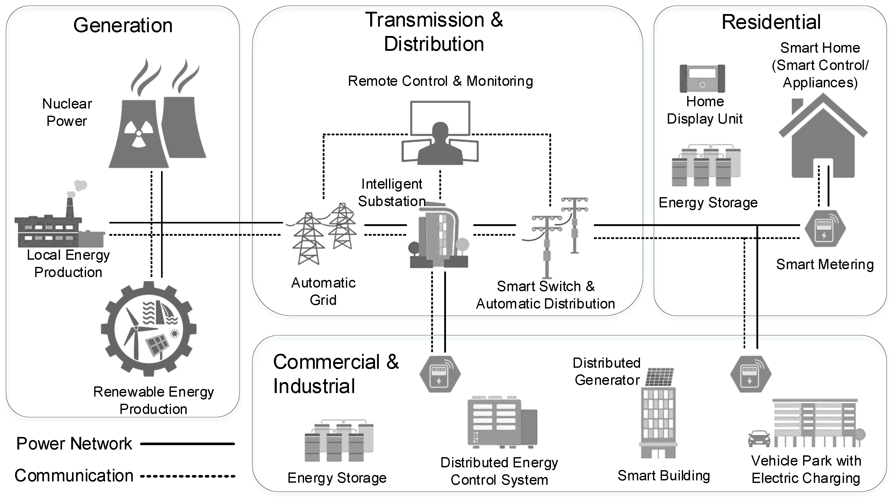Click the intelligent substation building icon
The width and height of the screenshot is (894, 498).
[x=439, y=236]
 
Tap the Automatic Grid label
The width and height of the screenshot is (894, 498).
[x=323, y=291]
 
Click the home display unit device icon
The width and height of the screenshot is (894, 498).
[x=702, y=78]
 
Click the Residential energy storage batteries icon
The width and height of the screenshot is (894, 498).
[x=706, y=166]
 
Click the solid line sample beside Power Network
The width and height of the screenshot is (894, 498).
[x=187, y=444]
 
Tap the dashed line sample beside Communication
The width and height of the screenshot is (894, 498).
[x=187, y=476]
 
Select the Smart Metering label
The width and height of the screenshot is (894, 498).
[x=825, y=265]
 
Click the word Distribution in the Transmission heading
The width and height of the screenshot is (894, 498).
[x=434, y=44]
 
